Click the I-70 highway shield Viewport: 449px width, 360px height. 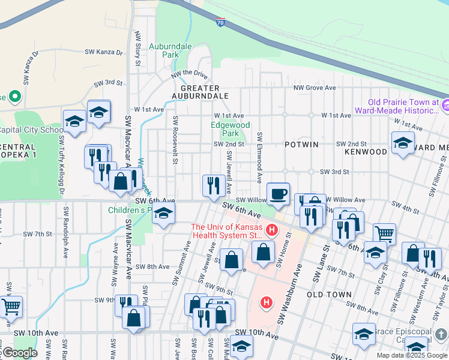220,22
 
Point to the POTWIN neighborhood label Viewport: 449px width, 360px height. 302,145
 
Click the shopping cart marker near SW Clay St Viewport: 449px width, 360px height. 384,233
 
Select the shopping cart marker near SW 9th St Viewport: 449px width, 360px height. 11,306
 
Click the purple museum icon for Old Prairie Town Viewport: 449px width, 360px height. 445,106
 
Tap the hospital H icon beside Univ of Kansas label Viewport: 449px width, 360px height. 271,230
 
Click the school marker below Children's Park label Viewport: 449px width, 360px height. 163,214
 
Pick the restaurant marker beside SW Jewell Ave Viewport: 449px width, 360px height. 212,186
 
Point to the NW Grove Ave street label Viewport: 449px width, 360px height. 314,88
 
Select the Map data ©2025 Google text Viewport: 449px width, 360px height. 411,355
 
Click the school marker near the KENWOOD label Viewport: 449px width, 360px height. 402,143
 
